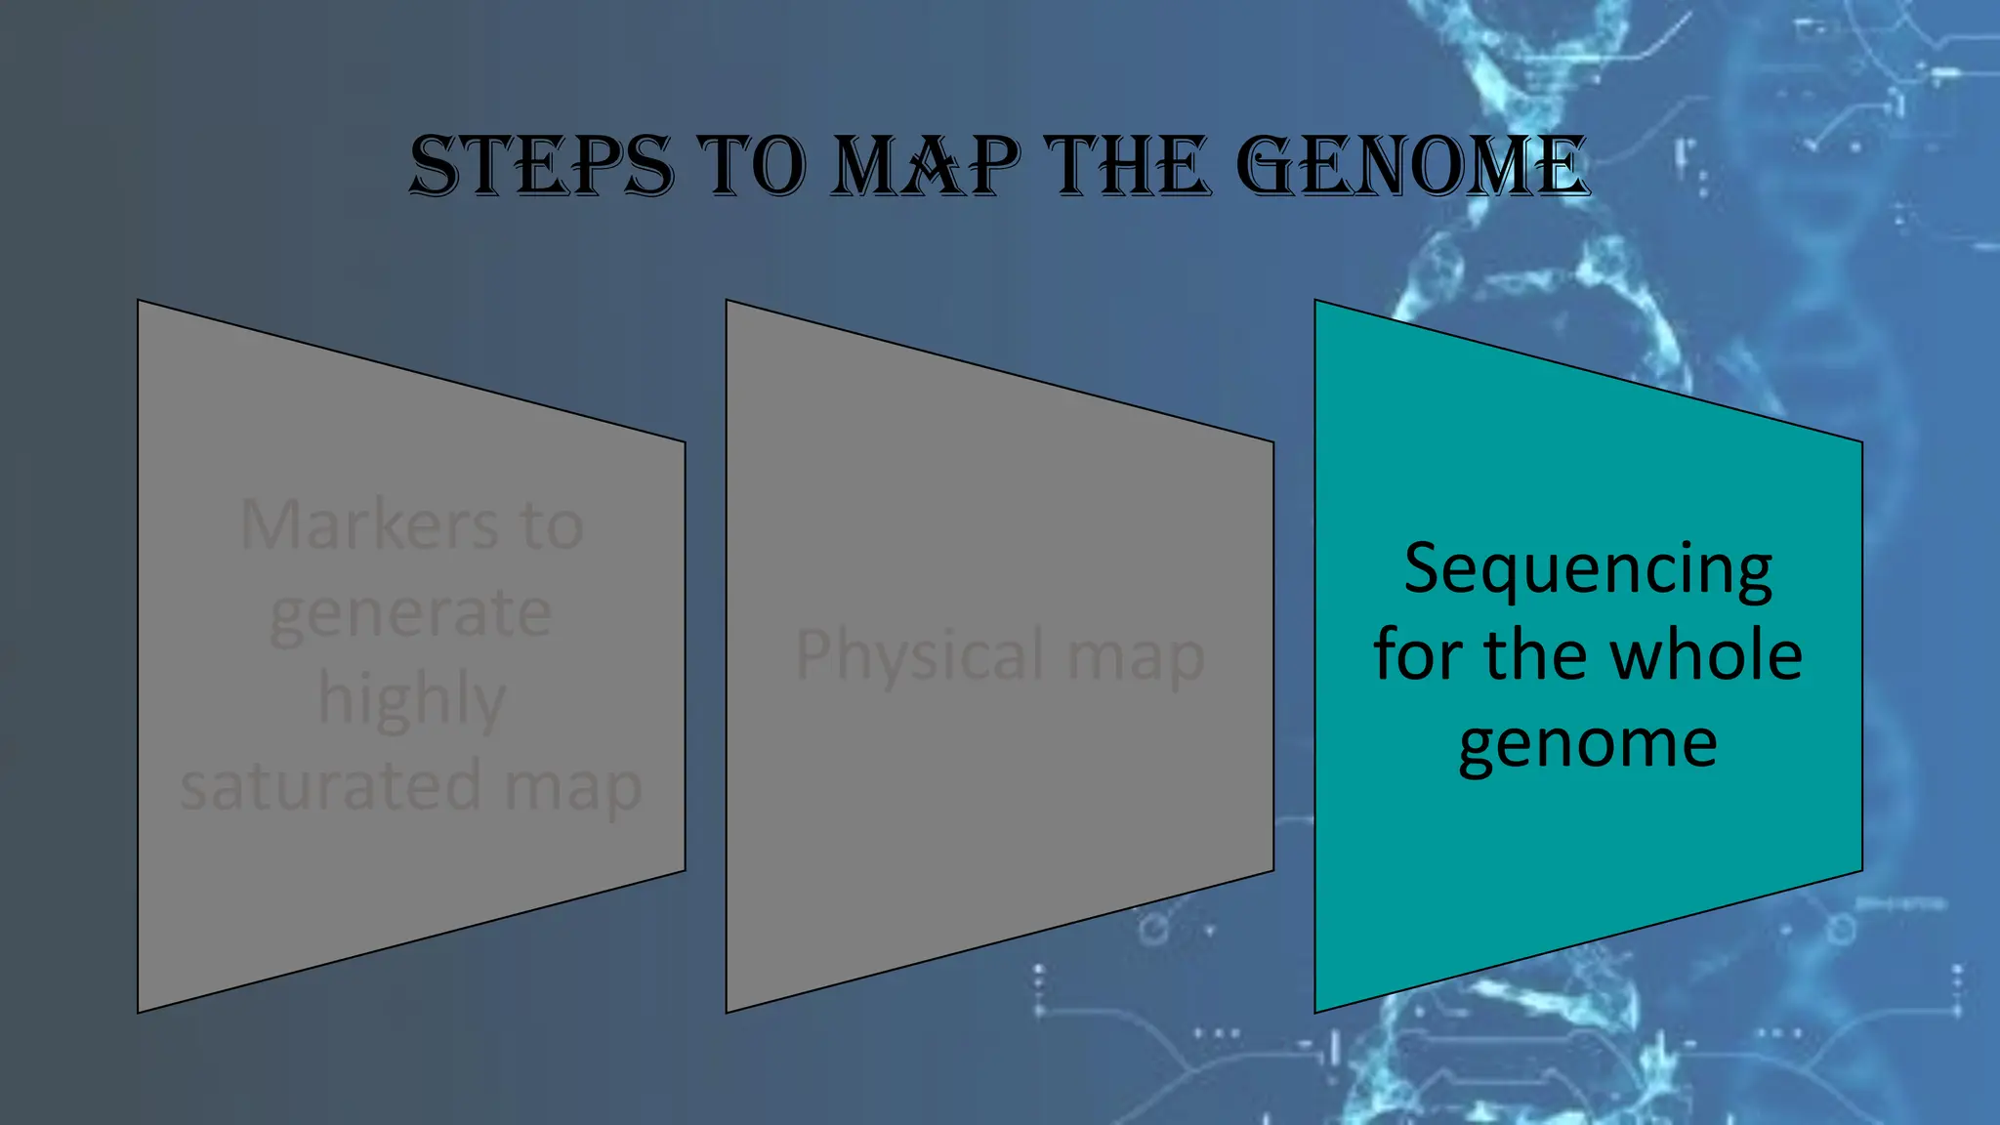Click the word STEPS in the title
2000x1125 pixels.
click(541, 166)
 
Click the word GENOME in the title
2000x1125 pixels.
click(1411, 166)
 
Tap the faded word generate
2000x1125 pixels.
click(411, 613)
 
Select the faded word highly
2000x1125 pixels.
click(411, 699)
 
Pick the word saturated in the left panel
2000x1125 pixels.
click(331, 786)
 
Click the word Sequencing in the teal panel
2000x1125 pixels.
click(1588, 569)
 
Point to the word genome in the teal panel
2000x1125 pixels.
click(1588, 744)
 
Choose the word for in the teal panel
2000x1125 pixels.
click(1417, 654)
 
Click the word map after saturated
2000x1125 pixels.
click(572, 787)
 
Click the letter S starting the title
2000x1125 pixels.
click(436, 166)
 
